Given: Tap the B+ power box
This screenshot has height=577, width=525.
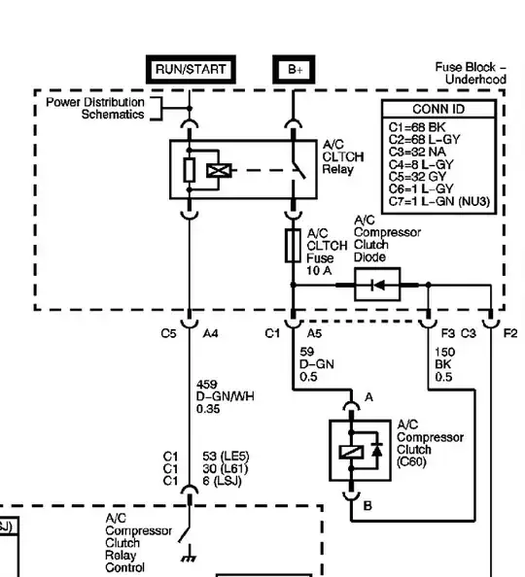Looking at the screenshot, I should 294,70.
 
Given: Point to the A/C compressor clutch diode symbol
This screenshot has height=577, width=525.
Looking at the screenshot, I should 378,285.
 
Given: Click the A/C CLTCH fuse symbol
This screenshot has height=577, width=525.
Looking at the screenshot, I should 292,245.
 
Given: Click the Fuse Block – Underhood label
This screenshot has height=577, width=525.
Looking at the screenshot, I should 471,73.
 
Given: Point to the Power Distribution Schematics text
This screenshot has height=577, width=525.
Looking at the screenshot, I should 95,108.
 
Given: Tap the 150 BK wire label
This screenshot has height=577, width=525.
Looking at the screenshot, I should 443,364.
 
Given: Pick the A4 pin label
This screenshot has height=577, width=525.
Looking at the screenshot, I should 211,333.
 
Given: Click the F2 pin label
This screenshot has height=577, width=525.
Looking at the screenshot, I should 510,333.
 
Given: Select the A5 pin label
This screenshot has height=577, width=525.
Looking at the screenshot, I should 314,333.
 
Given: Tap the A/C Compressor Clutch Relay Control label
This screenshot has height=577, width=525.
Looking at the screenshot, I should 138,543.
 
